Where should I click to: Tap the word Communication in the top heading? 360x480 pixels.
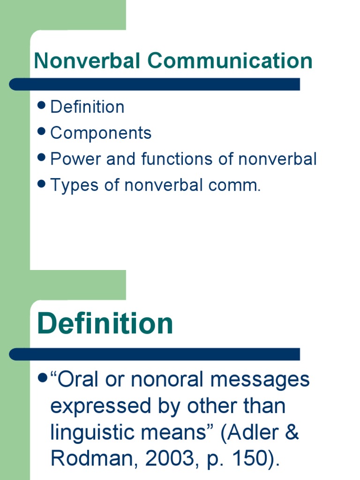[x=230, y=61]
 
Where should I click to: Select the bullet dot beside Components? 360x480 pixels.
[x=41, y=132]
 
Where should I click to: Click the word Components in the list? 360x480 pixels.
[x=101, y=134]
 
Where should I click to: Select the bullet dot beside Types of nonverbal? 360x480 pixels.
[x=41, y=184]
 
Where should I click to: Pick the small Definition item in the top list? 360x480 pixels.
[x=87, y=107]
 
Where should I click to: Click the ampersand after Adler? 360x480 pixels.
[x=292, y=433]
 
